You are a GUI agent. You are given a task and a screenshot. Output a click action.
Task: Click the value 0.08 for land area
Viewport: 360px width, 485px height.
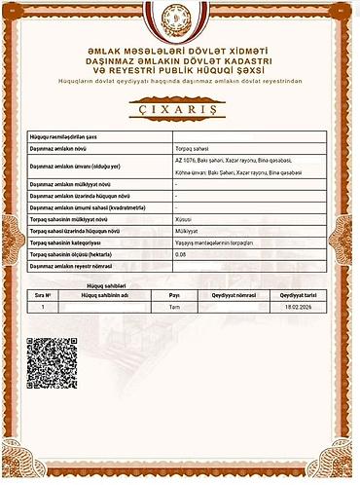coord(179,253)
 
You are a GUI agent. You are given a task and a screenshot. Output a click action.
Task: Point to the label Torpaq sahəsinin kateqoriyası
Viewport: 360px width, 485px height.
coord(70,242)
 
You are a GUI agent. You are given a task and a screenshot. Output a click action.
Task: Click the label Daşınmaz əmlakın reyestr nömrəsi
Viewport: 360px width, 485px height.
coord(71,265)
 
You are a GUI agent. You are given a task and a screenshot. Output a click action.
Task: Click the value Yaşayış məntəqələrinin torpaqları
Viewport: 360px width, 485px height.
coord(212,242)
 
